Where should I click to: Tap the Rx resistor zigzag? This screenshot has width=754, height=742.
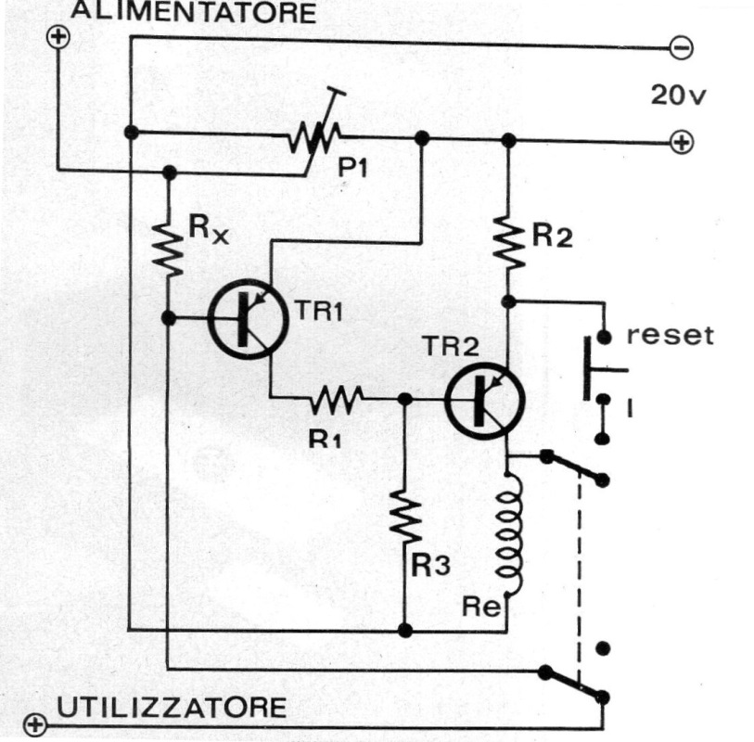pos(168,245)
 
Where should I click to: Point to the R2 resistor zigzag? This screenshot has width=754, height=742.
pos(508,239)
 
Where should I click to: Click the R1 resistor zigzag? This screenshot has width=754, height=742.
pos(335,400)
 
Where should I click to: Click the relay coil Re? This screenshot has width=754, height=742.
pos(510,538)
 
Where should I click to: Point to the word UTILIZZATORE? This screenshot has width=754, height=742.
pos(172,708)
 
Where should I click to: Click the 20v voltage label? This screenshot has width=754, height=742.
pos(677,95)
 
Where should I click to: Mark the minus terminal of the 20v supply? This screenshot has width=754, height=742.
pos(681,48)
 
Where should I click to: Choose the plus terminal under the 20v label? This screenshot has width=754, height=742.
pos(682,144)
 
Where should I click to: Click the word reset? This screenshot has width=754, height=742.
pos(670,335)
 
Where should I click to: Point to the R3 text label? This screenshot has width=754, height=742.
pos(431,566)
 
